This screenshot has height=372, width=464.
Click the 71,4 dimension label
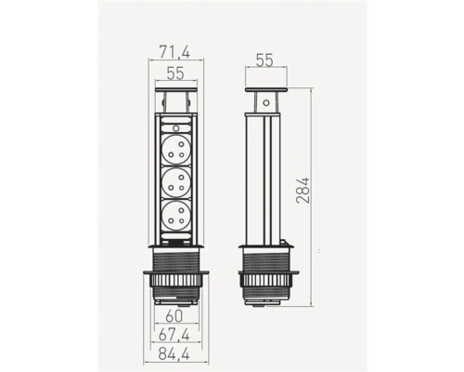click(x=174, y=51)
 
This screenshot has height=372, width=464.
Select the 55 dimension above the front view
click(x=175, y=73)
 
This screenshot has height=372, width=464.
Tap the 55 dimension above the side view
click(x=265, y=60)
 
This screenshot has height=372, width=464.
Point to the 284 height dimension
click(x=303, y=190)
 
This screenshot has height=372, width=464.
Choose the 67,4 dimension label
click(x=174, y=335)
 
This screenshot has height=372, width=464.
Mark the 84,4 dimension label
click(x=174, y=354)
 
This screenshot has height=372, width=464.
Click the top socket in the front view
click(x=175, y=149)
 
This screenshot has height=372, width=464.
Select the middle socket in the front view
click(x=175, y=182)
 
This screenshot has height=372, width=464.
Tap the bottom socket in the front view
click(x=175, y=216)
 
